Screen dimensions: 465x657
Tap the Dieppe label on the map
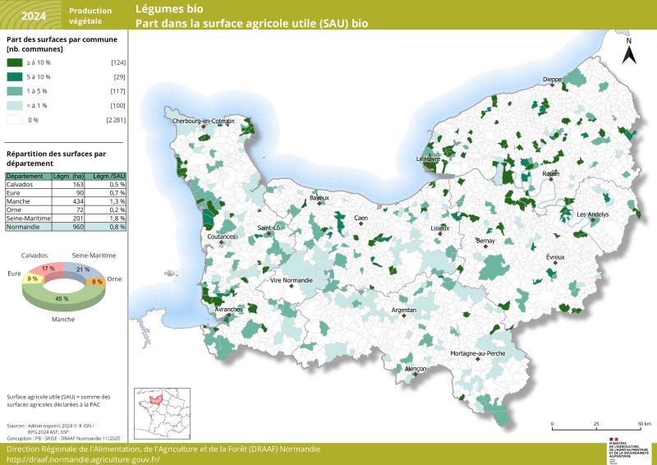[553, 80]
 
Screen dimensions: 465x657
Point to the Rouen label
[550, 173]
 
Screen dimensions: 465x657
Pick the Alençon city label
[416, 370]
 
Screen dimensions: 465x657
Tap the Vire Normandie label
[292, 281]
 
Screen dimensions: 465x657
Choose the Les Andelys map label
[593, 214]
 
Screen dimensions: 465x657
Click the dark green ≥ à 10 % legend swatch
[16, 62]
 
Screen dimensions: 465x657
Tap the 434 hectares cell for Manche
[79, 200]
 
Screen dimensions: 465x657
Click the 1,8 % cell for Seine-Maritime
[117, 218]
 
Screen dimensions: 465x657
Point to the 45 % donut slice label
[62, 299]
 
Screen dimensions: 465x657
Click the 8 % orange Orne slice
[97, 282]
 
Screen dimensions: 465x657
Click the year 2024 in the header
[33, 16]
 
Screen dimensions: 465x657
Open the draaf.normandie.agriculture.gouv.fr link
[83, 459]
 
